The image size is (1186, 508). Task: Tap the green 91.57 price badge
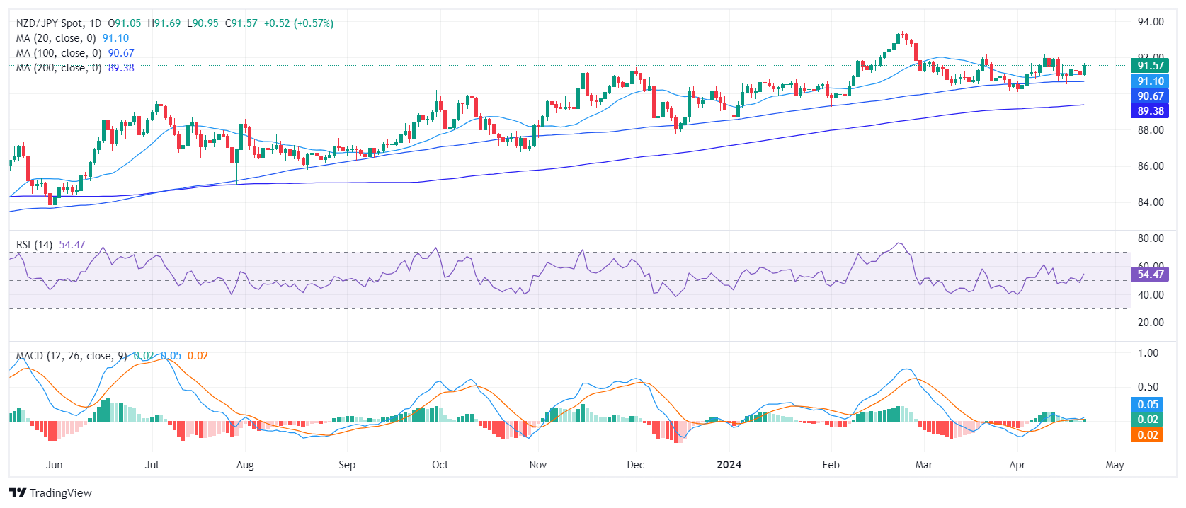(x=1150, y=66)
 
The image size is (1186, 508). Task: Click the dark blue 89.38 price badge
(x=1150, y=111)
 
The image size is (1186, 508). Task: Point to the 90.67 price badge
(x=1150, y=96)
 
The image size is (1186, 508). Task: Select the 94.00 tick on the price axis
(x=1150, y=22)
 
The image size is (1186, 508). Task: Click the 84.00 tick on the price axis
(x=1150, y=202)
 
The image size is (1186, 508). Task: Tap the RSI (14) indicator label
(x=35, y=245)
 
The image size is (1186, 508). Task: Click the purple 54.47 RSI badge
(x=1150, y=275)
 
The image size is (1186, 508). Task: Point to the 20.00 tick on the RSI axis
(x=1150, y=323)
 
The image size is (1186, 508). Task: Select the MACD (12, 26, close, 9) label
(x=72, y=356)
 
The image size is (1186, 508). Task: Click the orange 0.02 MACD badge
(x=1148, y=435)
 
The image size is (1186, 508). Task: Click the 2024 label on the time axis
(x=729, y=465)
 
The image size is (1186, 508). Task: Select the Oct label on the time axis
(x=440, y=465)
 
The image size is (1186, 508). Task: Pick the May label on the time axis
(x=1114, y=465)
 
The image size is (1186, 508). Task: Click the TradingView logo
(x=51, y=493)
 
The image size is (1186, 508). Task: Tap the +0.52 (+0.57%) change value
(x=298, y=23)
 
